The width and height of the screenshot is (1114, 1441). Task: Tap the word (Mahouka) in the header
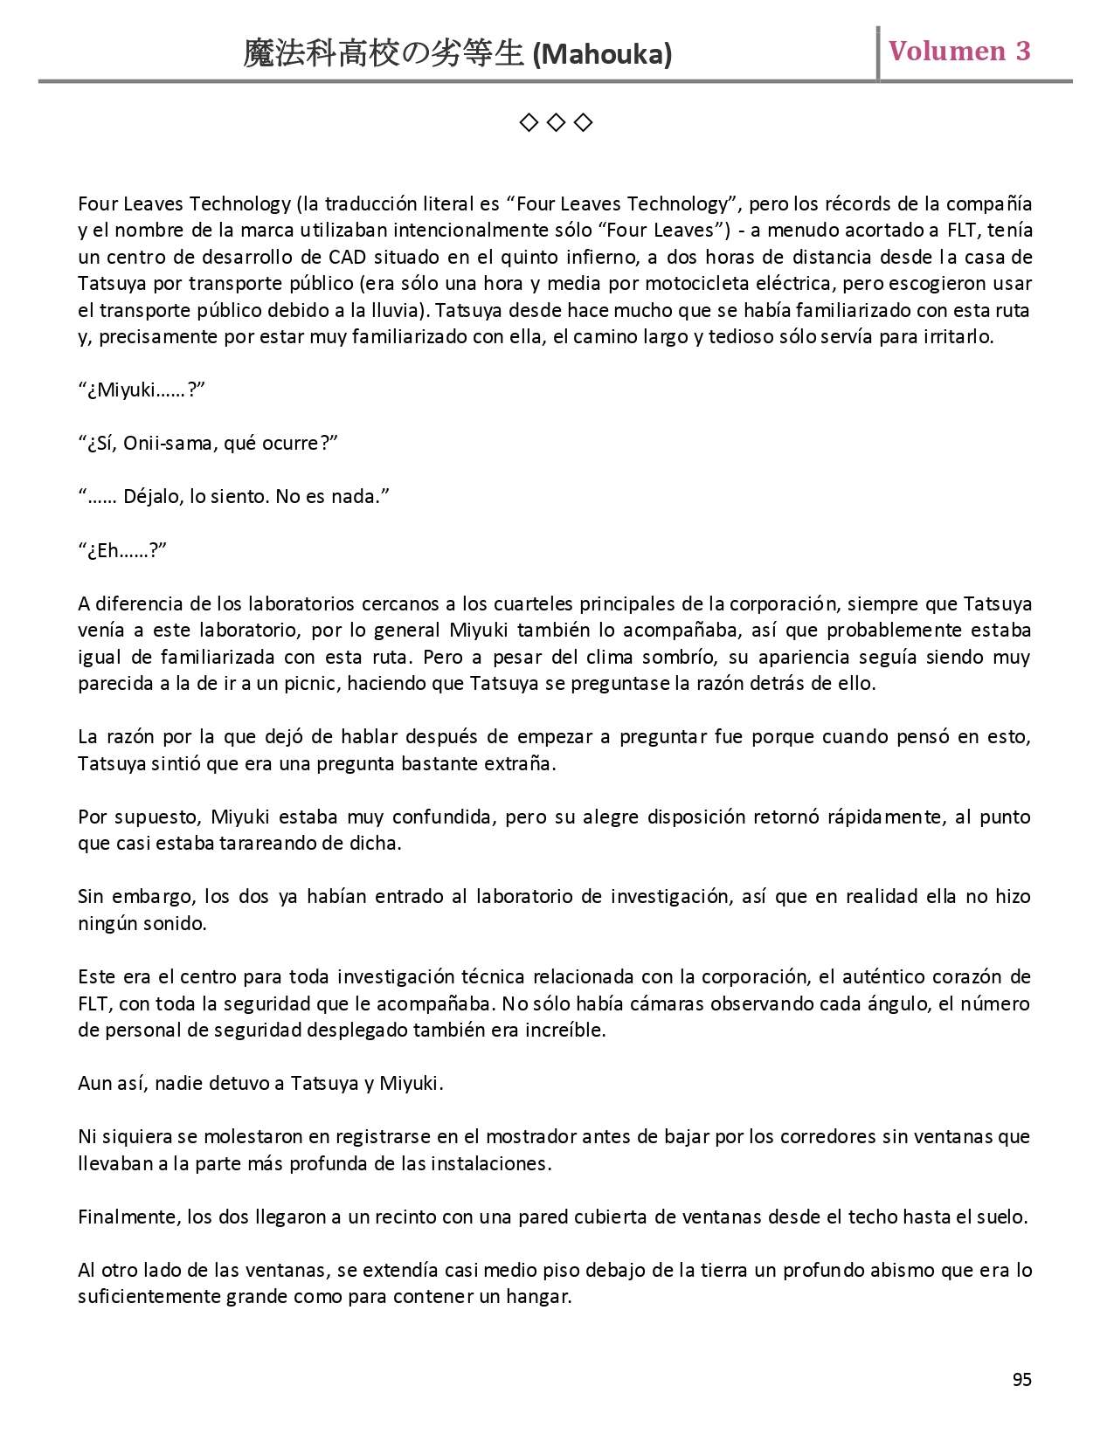coord(602,55)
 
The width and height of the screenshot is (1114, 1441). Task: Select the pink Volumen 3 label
coord(959,51)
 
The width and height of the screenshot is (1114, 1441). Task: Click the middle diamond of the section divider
coord(556,122)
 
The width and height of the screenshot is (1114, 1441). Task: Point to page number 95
coord(1021,1379)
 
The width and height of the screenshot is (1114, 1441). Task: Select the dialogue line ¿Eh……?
coord(122,550)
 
